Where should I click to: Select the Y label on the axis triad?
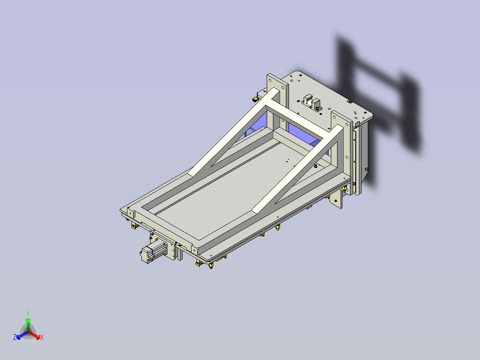click(28, 313)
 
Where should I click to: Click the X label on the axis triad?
click(42, 338)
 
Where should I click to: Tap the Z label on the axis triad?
click(15, 338)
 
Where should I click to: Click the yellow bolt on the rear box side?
click(366, 169)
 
